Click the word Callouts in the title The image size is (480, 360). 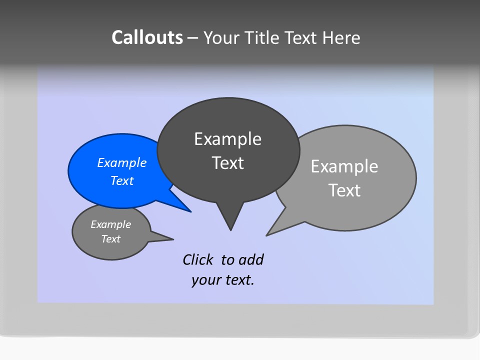(147, 37)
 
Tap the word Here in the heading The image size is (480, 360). (341, 37)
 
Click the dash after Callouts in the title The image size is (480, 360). (193, 38)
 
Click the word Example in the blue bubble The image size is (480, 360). (121, 162)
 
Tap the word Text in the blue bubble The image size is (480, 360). (121, 180)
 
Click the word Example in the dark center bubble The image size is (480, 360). (227, 139)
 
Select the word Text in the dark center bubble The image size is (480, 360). (227, 163)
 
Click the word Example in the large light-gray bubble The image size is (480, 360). (344, 166)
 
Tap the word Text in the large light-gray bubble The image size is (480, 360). (344, 190)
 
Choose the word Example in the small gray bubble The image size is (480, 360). (110, 224)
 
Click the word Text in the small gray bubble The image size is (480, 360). (110, 239)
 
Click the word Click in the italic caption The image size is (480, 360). (198, 259)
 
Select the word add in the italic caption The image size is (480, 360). (251, 259)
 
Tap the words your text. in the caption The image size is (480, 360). (223, 280)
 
